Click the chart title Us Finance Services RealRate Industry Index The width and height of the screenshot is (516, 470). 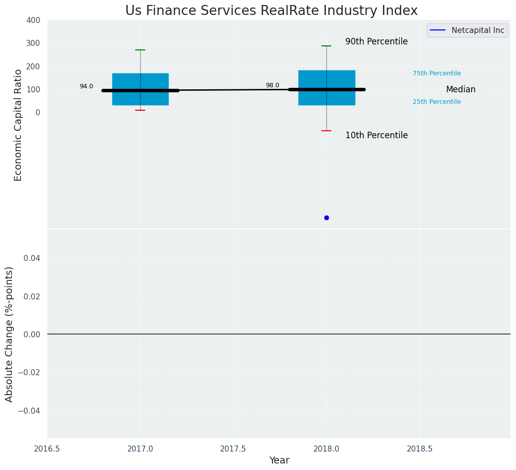[x=271, y=10]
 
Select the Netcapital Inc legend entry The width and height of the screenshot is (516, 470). [x=467, y=30]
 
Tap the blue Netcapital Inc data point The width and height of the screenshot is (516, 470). [x=326, y=218]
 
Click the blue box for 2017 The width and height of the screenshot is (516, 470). [x=140, y=80]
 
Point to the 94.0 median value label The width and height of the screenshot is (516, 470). [x=86, y=86]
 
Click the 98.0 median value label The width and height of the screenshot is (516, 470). [x=272, y=85]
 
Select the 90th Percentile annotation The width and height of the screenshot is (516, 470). [x=376, y=42]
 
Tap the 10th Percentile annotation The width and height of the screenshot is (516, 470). [x=376, y=135]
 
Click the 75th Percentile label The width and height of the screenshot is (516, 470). [x=437, y=73]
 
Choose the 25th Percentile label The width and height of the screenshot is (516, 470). [x=437, y=102]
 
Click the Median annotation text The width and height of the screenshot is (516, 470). [x=461, y=90]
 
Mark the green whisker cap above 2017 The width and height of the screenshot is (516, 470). [x=140, y=50]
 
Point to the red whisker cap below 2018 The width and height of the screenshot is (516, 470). [x=326, y=131]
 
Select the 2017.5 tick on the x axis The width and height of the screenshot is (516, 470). [x=233, y=449]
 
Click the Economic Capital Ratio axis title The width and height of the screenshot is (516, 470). [x=18, y=125]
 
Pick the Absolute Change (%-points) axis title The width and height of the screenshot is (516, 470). [x=9, y=334]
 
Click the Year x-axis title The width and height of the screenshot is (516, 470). [x=279, y=461]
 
